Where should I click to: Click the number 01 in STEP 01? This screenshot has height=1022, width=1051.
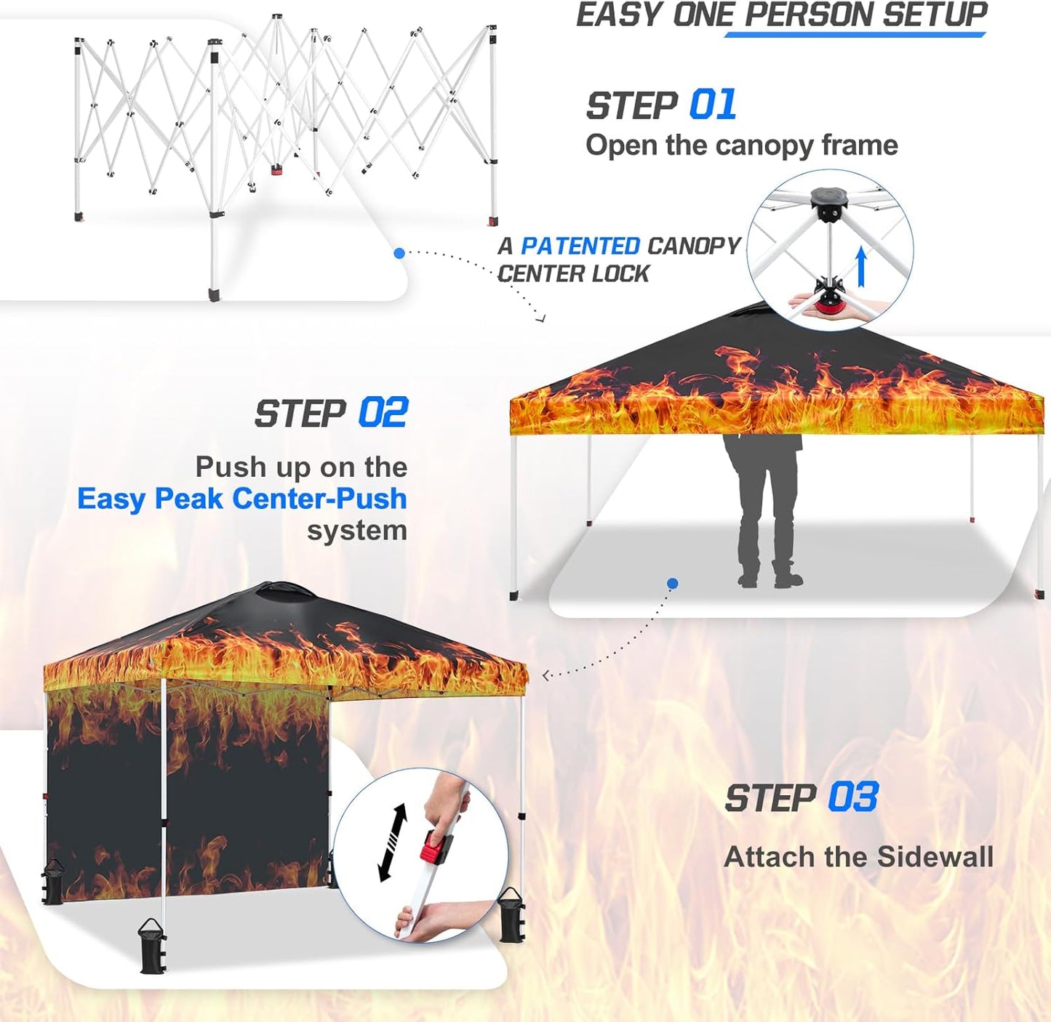712,105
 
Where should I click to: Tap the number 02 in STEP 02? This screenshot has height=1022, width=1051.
383,413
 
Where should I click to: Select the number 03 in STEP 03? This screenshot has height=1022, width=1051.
853,797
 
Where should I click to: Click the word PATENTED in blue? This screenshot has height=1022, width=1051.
580,246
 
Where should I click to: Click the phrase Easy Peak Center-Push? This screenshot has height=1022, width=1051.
241,499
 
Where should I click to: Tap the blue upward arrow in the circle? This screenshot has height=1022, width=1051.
861,266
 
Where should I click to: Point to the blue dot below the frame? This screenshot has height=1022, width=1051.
399,253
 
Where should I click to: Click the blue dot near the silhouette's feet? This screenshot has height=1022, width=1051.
673,583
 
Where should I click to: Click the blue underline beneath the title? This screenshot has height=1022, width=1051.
855,33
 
